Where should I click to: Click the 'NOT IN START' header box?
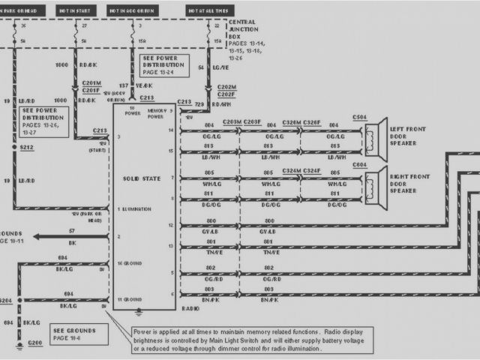(76, 11)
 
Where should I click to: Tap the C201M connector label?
(91, 82)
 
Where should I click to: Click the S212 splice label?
(27, 148)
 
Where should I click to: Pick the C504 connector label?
(359, 118)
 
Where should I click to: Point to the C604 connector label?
(359, 164)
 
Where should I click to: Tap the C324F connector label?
(312, 171)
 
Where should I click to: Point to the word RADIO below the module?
(191, 307)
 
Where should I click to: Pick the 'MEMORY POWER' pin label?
(156, 114)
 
